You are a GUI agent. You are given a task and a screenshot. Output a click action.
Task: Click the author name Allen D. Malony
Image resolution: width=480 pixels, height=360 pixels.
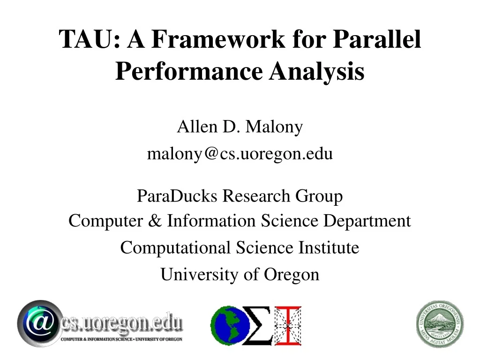240,127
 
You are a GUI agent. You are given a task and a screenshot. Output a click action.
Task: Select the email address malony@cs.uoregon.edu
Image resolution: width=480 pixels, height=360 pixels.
240,154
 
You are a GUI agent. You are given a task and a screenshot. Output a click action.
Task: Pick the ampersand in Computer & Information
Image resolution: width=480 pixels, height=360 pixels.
154,221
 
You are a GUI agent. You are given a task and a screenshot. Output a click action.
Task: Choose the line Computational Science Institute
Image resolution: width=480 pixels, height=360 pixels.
240,247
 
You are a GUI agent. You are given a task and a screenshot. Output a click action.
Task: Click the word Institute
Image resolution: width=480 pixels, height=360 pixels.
329,247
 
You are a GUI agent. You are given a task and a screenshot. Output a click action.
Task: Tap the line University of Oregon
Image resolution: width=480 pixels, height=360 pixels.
240,275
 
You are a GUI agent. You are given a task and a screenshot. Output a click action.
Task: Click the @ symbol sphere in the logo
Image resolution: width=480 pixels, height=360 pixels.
39,324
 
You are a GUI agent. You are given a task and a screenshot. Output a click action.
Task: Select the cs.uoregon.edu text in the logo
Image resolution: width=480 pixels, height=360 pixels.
122,323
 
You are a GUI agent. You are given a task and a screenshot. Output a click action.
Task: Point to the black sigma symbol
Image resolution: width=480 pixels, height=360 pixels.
257,325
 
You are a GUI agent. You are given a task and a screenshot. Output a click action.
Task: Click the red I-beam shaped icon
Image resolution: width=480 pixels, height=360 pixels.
288,325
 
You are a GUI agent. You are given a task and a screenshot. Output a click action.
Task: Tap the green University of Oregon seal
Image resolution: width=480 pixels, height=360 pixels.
440,324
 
